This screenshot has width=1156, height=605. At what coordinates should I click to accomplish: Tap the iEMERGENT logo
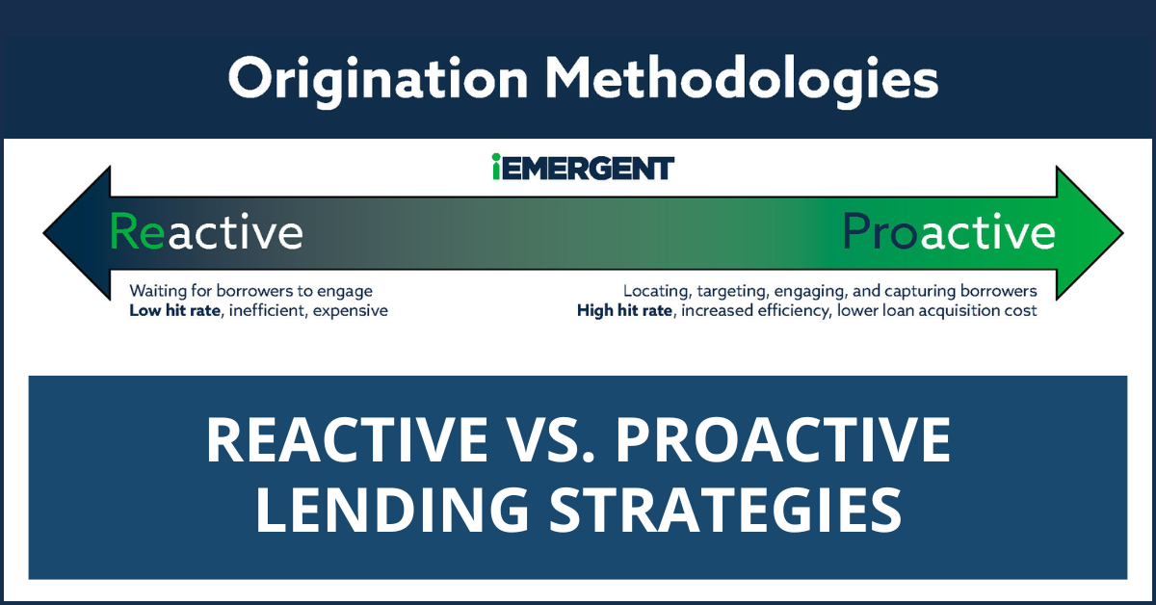click(582, 168)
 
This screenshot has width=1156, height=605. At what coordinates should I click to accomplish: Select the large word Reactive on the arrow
click(206, 232)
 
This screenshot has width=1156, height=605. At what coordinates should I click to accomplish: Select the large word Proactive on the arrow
click(949, 232)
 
